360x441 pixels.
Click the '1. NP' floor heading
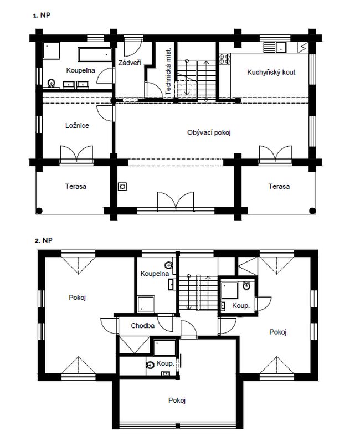[x=42, y=15]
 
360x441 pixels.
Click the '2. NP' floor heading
[x=43, y=240]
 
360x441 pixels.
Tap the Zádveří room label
[x=130, y=63]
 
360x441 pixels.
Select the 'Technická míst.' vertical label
[x=168, y=71]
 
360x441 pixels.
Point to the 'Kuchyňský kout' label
[x=271, y=72]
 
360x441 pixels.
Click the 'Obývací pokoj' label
[x=209, y=132]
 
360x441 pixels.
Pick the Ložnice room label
[x=77, y=125]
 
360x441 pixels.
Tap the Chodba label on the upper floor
[x=142, y=326]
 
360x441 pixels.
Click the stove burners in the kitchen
[x=225, y=59]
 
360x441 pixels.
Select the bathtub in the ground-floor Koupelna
[x=95, y=55]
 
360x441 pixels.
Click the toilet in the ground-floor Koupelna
[x=51, y=83]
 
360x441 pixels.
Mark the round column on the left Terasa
[x=39, y=210]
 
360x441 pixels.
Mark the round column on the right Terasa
[x=312, y=211]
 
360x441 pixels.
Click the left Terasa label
[x=76, y=187]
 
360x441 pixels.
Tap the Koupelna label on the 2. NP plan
[x=155, y=273]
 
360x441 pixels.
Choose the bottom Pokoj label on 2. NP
[x=177, y=400]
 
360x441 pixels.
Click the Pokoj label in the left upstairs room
[x=77, y=298]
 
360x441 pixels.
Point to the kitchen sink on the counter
[x=281, y=47]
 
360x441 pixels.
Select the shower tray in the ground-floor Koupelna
[x=51, y=50]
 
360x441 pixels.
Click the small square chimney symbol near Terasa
[x=122, y=186]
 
